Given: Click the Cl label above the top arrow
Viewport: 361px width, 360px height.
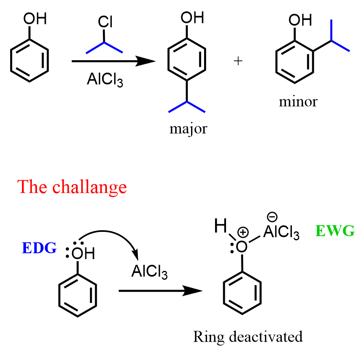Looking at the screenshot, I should (105, 23).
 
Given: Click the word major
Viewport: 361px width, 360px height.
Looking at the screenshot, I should (188, 129).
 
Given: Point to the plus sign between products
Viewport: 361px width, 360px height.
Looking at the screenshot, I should (238, 61).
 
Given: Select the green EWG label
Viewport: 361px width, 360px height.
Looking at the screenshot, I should (335, 231).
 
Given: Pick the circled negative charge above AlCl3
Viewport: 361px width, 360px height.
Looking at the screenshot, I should (272, 217).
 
